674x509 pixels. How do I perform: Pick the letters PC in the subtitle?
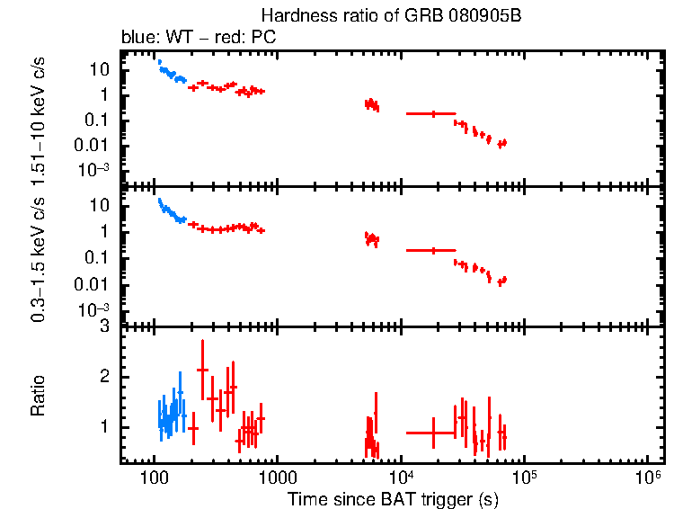coord(264,38)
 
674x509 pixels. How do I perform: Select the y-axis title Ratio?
coord(39,396)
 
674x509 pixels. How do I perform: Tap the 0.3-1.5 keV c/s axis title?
coord(39,254)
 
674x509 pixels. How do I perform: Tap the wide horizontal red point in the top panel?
coord(432,113)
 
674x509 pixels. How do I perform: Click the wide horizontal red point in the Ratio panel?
coord(432,433)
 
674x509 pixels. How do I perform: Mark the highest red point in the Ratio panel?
coord(202,370)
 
